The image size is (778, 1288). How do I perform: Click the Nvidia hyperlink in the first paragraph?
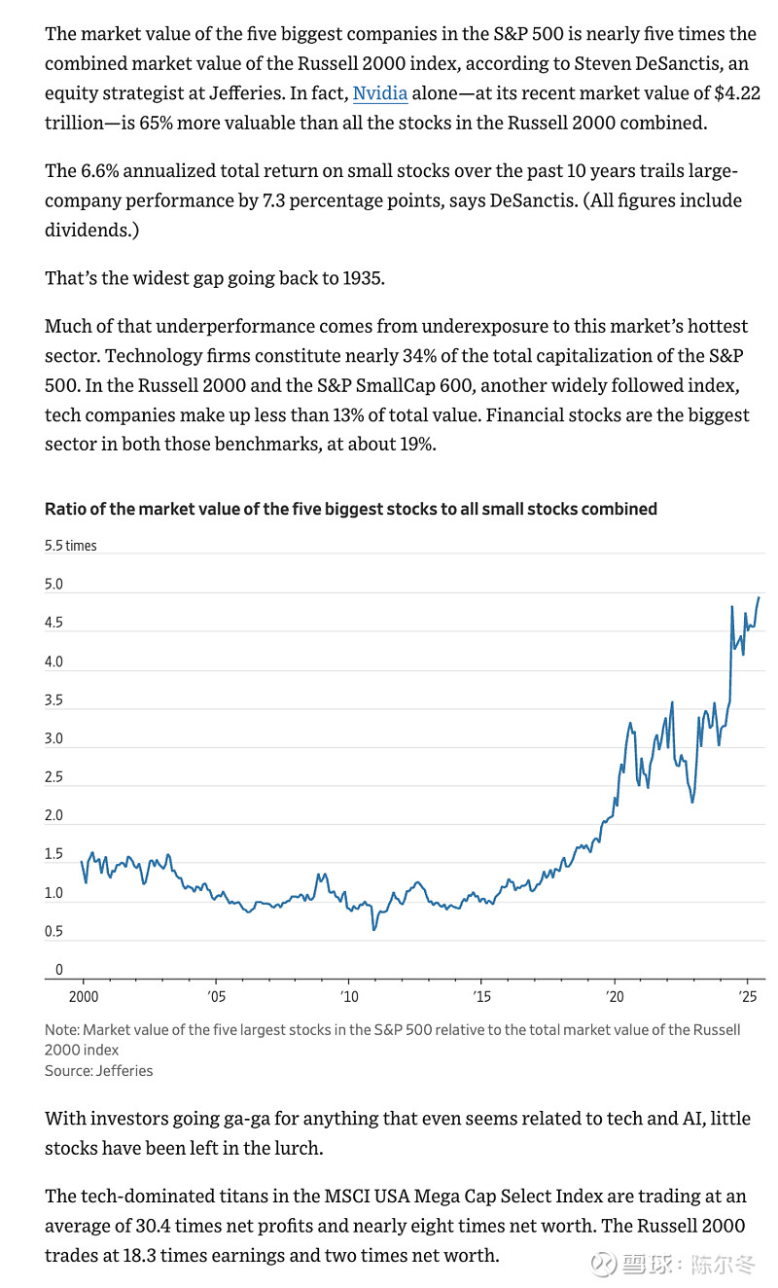pos(379,94)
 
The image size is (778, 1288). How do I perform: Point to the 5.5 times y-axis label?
pos(71,546)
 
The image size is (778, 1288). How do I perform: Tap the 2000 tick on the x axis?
pos(83,997)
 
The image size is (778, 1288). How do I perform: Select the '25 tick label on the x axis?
pos(746,997)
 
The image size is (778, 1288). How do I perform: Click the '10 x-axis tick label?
pos(348,997)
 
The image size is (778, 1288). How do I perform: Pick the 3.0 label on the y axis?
pos(53,738)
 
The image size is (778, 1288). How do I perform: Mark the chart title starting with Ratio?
pos(351,509)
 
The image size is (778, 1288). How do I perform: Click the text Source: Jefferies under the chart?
pos(98,1070)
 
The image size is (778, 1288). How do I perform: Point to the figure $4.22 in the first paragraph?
pos(728,94)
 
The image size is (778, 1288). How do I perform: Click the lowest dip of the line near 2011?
pos(373,930)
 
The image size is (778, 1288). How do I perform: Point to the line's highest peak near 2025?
pos(759,597)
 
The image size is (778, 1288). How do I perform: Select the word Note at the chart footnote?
pos(61,1029)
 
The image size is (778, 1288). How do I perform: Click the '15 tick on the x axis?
pos(480,997)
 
